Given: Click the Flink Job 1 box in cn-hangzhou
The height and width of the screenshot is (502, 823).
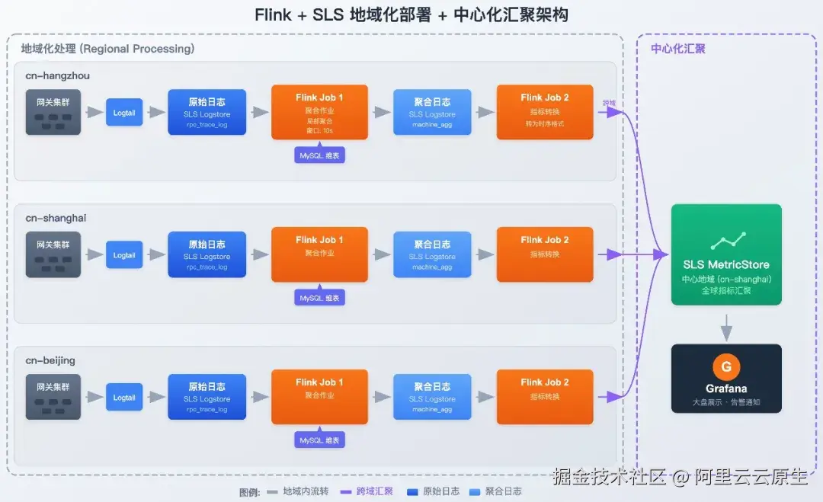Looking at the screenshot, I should click(x=319, y=112).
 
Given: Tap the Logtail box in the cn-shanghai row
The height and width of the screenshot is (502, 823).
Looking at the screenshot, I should click(x=124, y=255).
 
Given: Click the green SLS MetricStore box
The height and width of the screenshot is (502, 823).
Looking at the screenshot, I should click(x=726, y=254).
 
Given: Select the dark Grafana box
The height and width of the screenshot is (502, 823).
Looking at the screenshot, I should click(x=726, y=379).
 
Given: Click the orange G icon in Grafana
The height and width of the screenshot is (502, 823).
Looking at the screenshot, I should click(x=726, y=367).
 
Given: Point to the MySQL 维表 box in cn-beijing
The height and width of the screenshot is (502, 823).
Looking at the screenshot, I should click(x=319, y=440).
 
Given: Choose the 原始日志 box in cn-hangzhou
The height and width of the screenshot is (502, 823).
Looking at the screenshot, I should click(x=207, y=112).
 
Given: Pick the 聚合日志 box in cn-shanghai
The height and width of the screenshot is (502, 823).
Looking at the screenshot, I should click(x=432, y=254).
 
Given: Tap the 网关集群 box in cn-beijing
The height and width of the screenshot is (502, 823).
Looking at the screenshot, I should click(x=53, y=396).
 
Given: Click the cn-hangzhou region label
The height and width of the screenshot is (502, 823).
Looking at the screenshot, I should click(x=58, y=75).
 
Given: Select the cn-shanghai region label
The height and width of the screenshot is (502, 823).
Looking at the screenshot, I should click(x=56, y=218).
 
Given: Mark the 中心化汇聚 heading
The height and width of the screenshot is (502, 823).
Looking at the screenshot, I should click(x=677, y=49).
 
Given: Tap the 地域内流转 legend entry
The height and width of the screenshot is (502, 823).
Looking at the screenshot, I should click(x=297, y=491).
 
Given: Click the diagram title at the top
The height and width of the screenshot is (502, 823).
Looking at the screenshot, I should click(x=411, y=15).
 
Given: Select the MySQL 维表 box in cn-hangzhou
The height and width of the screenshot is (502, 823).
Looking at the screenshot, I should click(x=319, y=155).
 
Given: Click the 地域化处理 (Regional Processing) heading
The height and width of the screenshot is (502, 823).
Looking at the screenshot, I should click(x=107, y=49).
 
